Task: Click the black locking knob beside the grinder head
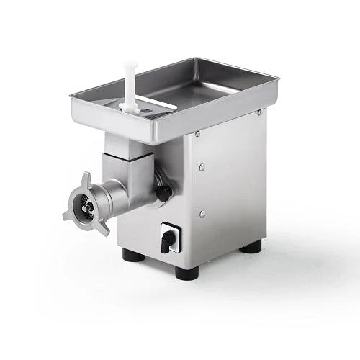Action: coord(164,193)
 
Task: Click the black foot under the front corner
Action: coord(186,273)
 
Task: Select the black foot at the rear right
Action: coord(251,247)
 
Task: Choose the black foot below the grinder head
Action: coord(132,254)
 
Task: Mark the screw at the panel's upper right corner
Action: coord(258,112)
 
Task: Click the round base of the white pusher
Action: coord(130,107)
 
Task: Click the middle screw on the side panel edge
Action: coord(202,167)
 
